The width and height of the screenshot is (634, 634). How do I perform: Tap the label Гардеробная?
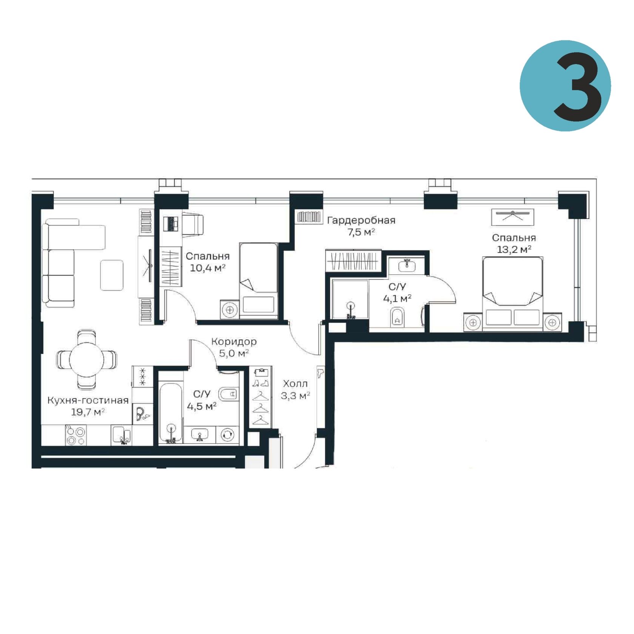coord(361,220)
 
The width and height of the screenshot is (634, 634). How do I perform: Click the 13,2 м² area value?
coord(514,249)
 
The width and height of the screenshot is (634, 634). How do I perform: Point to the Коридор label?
coord(234,342)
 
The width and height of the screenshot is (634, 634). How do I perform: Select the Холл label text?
coord(295,384)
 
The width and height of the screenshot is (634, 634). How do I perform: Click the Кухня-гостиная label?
coord(88,400)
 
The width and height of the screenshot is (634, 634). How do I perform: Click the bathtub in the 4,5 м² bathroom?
coord(171,413)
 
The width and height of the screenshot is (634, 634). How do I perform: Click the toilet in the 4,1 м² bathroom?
coord(397,317)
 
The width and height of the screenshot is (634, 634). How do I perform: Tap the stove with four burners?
coord(76,435)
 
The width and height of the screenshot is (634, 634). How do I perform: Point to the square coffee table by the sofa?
coord(112,275)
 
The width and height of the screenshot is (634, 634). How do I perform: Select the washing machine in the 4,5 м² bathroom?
coord(227,435)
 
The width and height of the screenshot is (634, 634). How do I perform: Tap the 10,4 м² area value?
coord(208,268)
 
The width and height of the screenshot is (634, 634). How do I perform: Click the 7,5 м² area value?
coord(361,232)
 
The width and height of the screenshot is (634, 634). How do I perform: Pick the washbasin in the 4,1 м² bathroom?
coord(407,266)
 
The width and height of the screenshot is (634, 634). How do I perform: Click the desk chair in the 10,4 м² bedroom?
coord(193,224)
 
